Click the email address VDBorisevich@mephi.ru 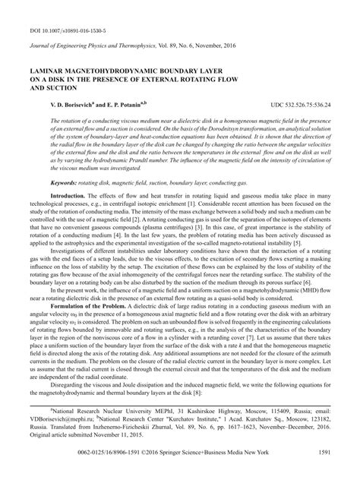(43, 437)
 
